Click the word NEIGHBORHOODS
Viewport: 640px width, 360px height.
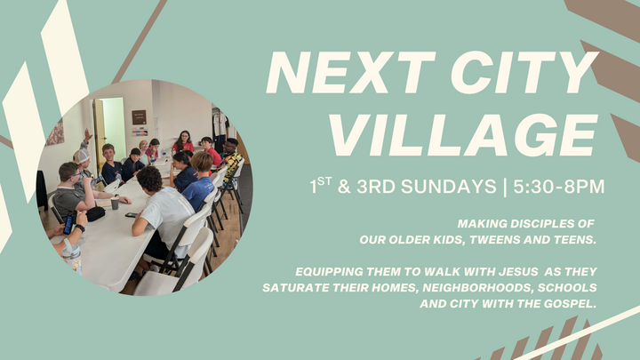pyautogui.click(x=477, y=288)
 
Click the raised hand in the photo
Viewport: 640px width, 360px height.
pyautogui.click(x=87, y=135)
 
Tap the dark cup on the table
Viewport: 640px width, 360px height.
pyautogui.click(x=115, y=204)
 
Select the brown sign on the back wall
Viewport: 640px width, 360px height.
pyautogui.click(x=139, y=116)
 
